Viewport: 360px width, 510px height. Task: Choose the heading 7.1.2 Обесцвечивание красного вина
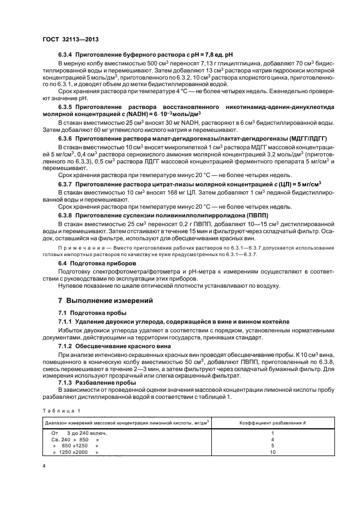coord(114,346)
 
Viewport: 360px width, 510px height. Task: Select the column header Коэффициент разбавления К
coord(272,422)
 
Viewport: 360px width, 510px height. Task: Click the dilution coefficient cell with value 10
coord(272,452)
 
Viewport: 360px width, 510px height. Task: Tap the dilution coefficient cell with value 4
coord(272,439)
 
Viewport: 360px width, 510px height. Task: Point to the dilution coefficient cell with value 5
coord(272,446)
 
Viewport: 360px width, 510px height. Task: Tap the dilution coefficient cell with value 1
coord(272,433)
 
